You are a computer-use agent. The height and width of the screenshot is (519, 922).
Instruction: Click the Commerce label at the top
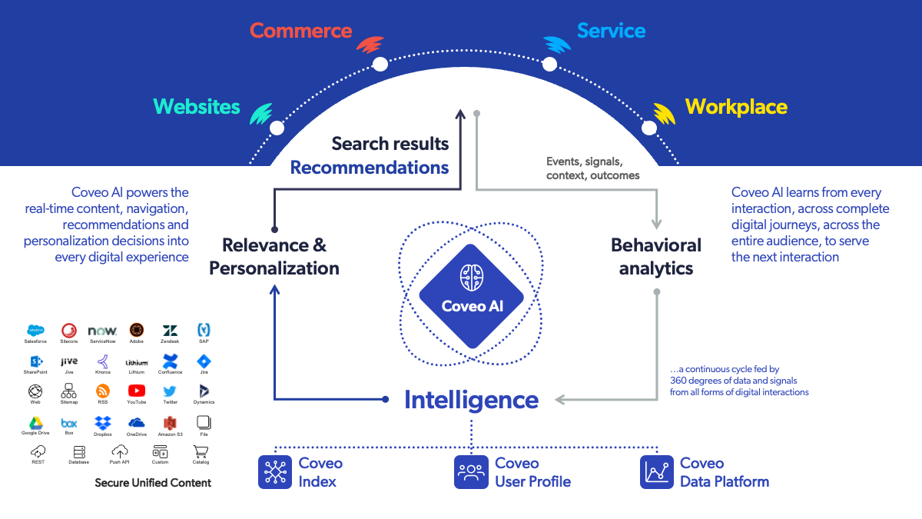pos(300,32)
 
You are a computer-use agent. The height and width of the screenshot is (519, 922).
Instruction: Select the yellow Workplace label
pos(735,107)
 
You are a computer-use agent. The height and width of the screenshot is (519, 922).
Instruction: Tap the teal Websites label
pos(197,107)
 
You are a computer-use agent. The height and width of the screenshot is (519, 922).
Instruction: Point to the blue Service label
pos(611,32)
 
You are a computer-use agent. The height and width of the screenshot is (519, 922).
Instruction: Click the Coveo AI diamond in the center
pos(472,297)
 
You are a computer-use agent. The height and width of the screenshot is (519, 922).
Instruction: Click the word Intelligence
pos(471,400)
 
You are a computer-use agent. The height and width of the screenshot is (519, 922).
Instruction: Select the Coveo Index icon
pos(274,472)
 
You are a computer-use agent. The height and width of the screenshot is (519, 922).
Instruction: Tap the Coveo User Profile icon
pos(471,472)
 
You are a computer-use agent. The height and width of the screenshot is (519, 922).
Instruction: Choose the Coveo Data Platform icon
pos(657,472)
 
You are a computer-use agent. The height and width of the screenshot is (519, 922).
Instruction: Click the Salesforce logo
pos(35,331)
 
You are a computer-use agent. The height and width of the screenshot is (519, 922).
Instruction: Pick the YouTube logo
pos(137,391)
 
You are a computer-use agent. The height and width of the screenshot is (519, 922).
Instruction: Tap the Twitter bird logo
pos(170,391)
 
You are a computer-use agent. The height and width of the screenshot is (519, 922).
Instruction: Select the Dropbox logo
pos(103,422)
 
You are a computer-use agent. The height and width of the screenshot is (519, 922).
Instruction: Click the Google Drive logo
pos(35,422)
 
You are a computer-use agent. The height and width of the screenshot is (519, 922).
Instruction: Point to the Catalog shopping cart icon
pos(201,451)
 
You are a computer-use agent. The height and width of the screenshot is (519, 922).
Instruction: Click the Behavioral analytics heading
pos(656,257)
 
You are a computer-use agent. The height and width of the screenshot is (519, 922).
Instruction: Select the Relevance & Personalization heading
pos(274,257)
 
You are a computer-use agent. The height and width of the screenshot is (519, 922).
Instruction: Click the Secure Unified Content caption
pos(153,483)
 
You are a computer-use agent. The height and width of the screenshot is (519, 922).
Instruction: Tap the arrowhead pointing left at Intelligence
pos(560,399)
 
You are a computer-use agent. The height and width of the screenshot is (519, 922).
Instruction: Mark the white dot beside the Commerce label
pos(380,64)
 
